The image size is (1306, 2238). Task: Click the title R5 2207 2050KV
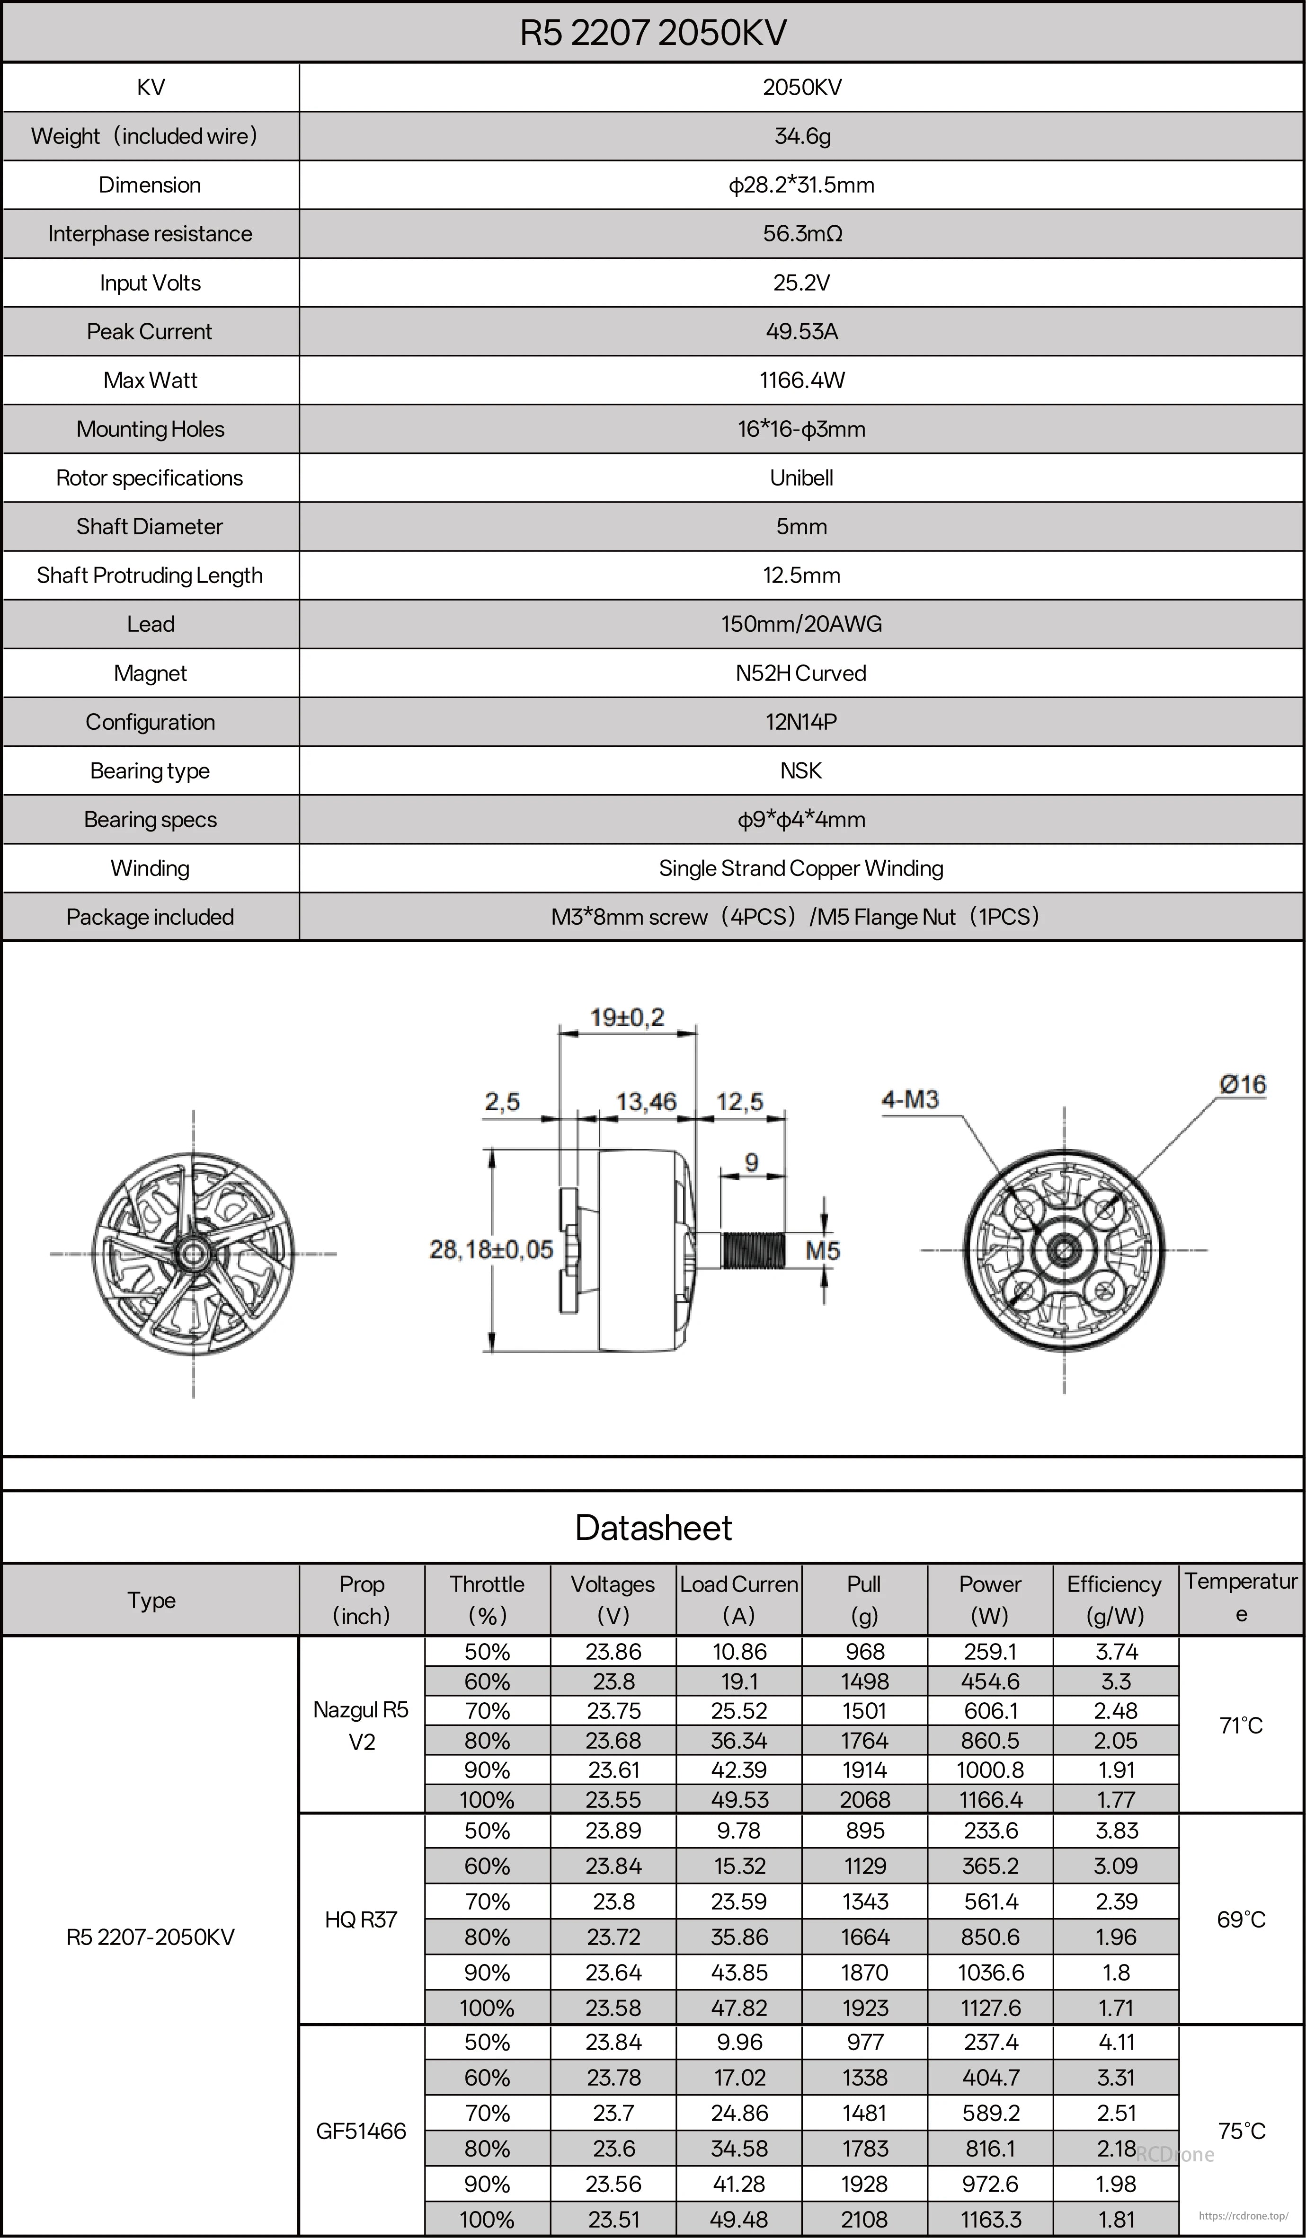(x=653, y=33)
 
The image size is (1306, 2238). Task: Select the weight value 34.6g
(x=801, y=136)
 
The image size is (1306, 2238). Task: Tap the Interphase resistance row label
(x=150, y=234)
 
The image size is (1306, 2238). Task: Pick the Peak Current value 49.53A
(x=801, y=331)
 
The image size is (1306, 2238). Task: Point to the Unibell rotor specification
(x=801, y=478)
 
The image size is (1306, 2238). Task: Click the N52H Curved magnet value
(x=801, y=673)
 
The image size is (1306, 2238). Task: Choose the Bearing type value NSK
(x=801, y=771)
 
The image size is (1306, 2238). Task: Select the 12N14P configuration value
(x=801, y=722)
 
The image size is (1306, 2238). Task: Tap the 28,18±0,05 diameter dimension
(x=491, y=1249)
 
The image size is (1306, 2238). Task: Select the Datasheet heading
(x=653, y=1528)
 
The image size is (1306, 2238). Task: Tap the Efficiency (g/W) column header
(x=1115, y=1600)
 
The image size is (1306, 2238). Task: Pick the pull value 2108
(x=864, y=2220)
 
